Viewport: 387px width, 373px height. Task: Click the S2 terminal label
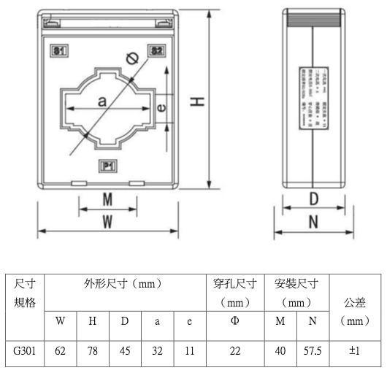[156, 50]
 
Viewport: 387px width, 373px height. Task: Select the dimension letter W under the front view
[107, 220]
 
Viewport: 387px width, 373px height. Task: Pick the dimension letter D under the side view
[314, 199]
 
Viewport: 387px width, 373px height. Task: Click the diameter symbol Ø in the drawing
[132, 60]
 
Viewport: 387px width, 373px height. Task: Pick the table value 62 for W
[61, 351]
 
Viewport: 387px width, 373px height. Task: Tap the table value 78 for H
[93, 351]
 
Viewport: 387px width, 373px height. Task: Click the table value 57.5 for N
[313, 351]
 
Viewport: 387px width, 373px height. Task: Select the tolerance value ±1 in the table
[355, 351]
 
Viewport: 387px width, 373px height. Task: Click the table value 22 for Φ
[235, 351]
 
